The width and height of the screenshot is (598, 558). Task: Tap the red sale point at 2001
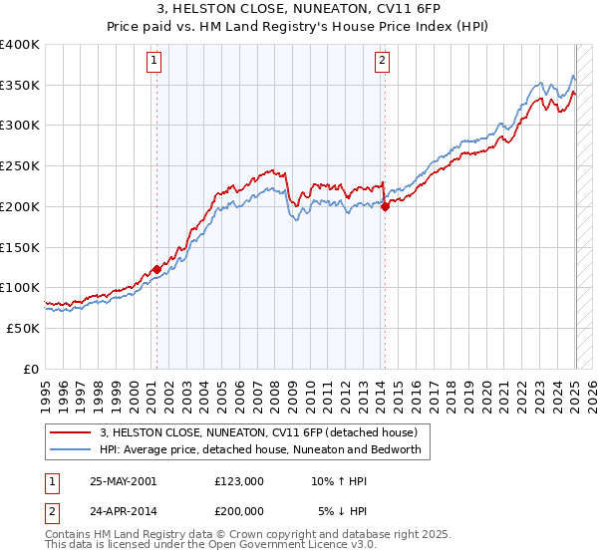point(156,269)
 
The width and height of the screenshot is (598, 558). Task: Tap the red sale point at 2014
point(384,207)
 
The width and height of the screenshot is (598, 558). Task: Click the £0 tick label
point(32,369)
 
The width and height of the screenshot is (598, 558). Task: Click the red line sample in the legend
point(71,432)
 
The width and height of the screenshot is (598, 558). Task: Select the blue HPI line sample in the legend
point(71,449)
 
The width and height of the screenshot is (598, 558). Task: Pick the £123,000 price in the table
point(238,481)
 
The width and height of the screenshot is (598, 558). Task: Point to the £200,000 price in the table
point(238,510)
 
